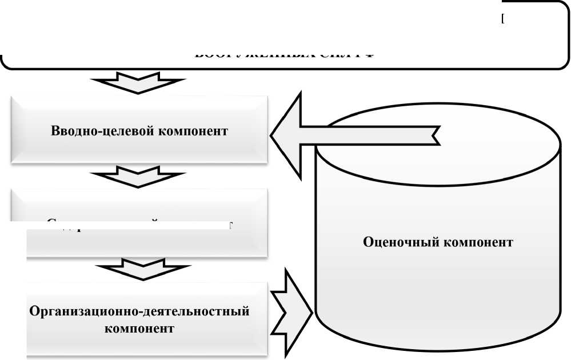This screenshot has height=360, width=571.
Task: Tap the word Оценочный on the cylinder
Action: pyautogui.click(x=400, y=242)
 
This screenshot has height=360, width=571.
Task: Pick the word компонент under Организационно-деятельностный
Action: pyautogui.click(x=139, y=329)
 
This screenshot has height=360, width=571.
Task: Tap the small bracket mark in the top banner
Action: pyautogui.click(x=502, y=19)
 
